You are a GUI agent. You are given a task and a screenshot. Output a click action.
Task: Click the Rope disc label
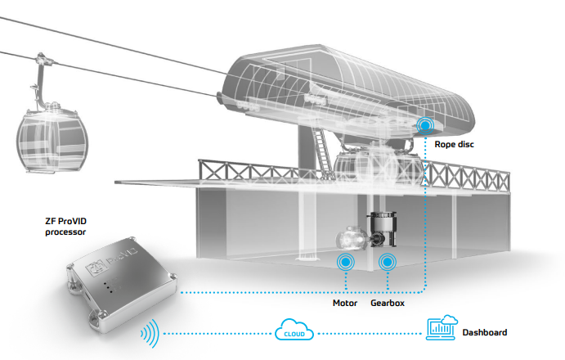pyautogui.click(x=454, y=144)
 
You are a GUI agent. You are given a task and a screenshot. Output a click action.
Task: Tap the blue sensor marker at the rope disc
pyautogui.click(x=425, y=125)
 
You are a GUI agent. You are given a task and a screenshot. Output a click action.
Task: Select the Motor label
pyautogui.click(x=345, y=303)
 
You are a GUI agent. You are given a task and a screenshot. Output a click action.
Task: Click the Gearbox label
pyautogui.click(x=388, y=303)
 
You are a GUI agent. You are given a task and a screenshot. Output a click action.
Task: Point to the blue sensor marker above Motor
pyautogui.click(x=346, y=262)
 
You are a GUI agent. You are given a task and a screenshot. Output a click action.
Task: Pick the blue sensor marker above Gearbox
pyautogui.click(x=388, y=262)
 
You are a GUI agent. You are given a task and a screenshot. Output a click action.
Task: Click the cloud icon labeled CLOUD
pyautogui.click(x=294, y=330)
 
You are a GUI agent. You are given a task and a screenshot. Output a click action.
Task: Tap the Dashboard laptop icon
pyautogui.click(x=442, y=327)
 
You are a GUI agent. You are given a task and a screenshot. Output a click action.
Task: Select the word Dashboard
pyautogui.click(x=485, y=332)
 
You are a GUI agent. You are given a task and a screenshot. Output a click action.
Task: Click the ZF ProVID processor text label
pyautogui.click(x=65, y=226)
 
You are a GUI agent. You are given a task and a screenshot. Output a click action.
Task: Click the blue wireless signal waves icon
pyautogui.click(x=150, y=333)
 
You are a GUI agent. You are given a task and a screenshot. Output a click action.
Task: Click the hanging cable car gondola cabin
pyautogui.click(x=52, y=139)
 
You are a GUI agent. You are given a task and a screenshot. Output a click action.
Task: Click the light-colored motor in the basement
pyautogui.click(x=352, y=238)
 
